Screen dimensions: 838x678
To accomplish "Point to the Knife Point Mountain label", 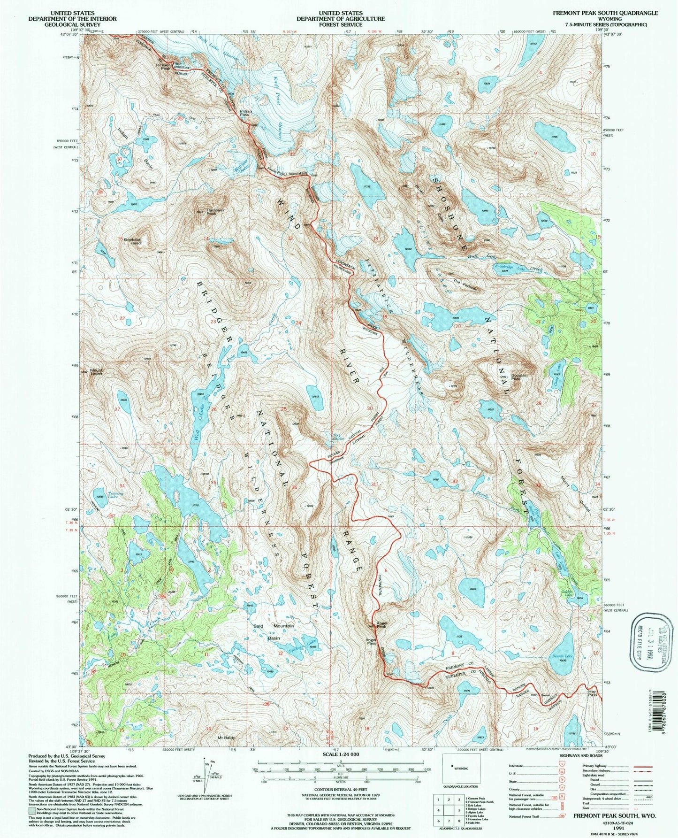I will click(287, 173).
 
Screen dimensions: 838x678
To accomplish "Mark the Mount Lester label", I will click(96, 372).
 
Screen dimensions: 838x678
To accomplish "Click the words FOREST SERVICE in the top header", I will click(338, 24).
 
